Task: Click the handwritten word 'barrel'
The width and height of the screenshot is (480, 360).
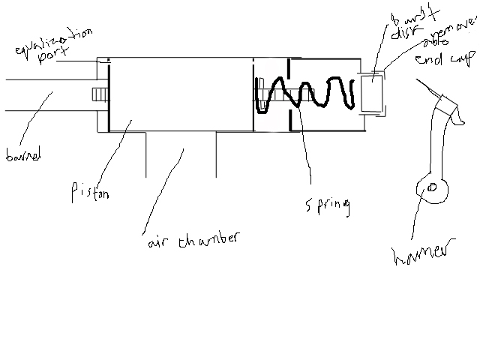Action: coord(22,156)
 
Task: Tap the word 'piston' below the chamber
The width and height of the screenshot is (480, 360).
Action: coord(91,193)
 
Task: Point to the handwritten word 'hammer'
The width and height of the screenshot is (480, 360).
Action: coord(424,255)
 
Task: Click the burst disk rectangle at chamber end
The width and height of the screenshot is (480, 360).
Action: coord(372,93)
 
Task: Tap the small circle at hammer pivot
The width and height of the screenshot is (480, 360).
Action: coord(431,189)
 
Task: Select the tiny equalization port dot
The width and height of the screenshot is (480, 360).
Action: coord(108,61)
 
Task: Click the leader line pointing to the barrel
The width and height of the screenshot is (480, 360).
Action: coord(41,121)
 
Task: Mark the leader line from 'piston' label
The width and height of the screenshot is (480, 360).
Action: coord(112,154)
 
